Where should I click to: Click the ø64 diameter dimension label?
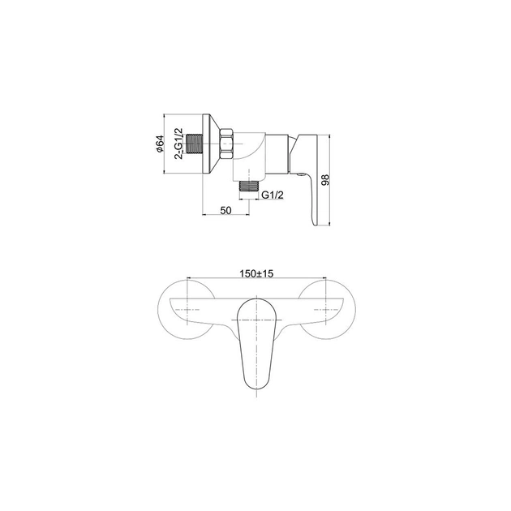pos(159,144)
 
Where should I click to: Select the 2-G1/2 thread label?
pos(179,144)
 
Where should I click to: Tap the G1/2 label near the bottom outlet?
pos(273,195)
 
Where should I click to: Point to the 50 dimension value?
pos(225,210)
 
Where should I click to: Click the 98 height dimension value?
pos(325,180)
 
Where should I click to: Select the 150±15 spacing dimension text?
pos(256,274)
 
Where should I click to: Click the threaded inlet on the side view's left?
pos(195,144)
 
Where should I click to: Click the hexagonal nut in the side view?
pos(227,144)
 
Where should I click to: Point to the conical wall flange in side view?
pos(210,144)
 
